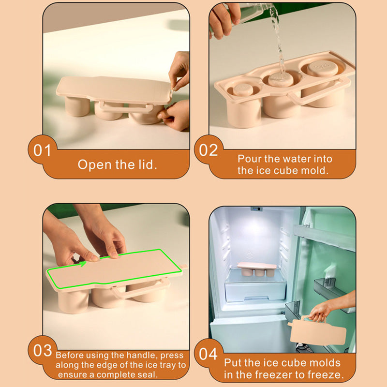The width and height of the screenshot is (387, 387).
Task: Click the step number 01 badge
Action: pyautogui.click(x=42, y=150)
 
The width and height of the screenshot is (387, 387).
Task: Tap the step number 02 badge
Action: pyautogui.click(x=208, y=150)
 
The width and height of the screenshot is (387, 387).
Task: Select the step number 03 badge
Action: pyautogui.click(x=42, y=352)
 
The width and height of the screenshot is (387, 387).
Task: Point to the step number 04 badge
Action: pyautogui.click(x=208, y=354)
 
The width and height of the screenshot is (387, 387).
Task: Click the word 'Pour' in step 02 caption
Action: pyautogui.click(x=249, y=159)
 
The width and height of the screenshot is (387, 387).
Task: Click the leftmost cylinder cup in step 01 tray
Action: pyautogui.click(x=77, y=106)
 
